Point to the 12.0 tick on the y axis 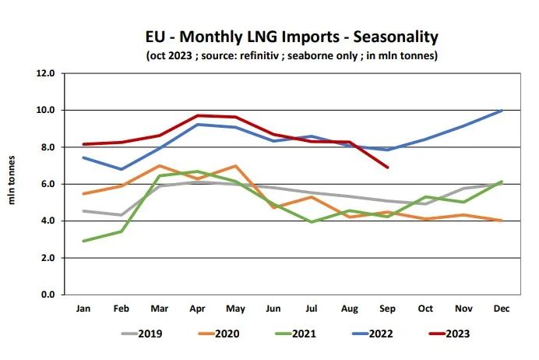click(x=45, y=73)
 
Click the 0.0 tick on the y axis click(x=48, y=295)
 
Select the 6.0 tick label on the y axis click(x=48, y=184)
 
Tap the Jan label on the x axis click(x=83, y=309)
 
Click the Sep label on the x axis click(x=387, y=309)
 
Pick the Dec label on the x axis click(x=501, y=309)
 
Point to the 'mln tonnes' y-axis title click(x=12, y=184)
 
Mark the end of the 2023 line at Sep click(x=387, y=167)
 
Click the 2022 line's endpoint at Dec click(x=501, y=110)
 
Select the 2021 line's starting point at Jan click(x=83, y=241)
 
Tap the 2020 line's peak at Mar click(x=159, y=166)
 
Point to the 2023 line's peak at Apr click(x=197, y=115)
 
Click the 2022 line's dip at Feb click(x=121, y=169)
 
